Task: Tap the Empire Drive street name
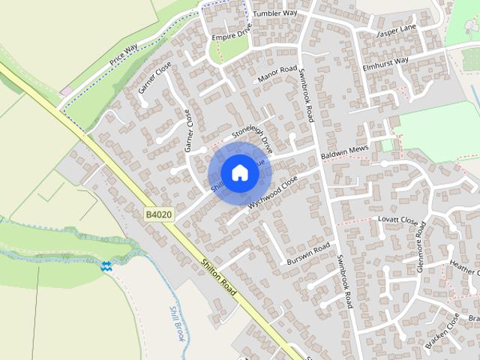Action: tap(230, 36)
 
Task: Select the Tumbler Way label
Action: tap(274, 13)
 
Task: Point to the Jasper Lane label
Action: tap(395, 31)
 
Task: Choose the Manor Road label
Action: tap(277, 74)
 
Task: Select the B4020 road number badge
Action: tap(158, 215)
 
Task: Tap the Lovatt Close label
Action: tap(397, 220)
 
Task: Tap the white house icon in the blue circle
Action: tap(238, 172)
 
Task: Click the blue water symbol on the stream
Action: tap(106, 265)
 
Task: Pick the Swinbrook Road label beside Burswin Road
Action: tap(345, 281)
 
